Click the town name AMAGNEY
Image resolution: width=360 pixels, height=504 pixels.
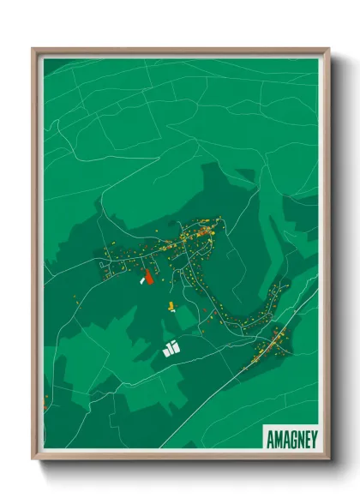point(290,435)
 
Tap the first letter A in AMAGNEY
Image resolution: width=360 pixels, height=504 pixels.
point(268,435)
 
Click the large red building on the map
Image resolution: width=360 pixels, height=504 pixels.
point(147,275)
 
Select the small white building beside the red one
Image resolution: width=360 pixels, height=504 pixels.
point(140,279)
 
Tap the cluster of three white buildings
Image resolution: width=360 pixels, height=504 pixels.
point(171,348)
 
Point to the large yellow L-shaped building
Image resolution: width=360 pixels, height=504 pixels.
point(171,305)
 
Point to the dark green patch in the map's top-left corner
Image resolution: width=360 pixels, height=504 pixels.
point(50,64)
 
